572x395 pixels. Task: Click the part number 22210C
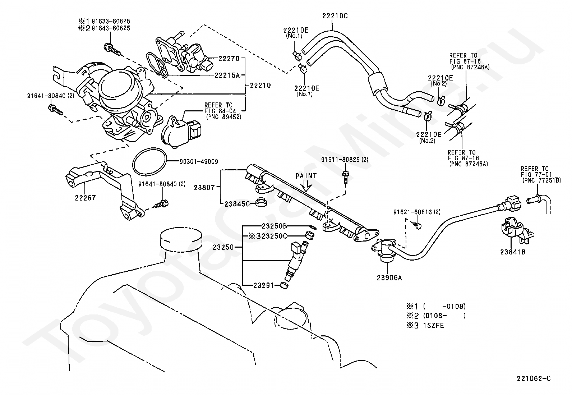pyautogui.click(x=335, y=16)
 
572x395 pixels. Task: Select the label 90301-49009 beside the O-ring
pyautogui.click(x=199, y=161)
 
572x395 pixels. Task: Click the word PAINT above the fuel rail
pyautogui.click(x=306, y=176)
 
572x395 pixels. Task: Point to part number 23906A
pyautogui.click(x=389, y=277)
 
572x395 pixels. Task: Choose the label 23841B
pyautogui.click(x=512, y=252)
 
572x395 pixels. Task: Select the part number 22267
pyautogui.click(x=85, y=198)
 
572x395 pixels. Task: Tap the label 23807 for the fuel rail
pyautogui.click(x=204, y=188)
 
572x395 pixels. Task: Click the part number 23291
pyautogui.click(x=263, y=285)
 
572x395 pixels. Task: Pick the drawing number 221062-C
pyautogui.click(x=534, y=378)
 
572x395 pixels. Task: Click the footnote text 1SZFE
pyautogui.click(x=433, y=326)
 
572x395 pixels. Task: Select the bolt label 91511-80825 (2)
pyautogui.click(x=345, y=160)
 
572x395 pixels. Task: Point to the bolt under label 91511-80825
pyautogui.click(x=345, y=177)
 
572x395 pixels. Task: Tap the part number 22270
pyautogui.click(x=229, y=59)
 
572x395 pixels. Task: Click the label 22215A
pyautogui.click(x=227, y=75)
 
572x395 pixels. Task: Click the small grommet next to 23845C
pyautogui.click(x=261, y=202)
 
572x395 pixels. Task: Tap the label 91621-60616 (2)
pyautogui.click(x=417, y=212)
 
